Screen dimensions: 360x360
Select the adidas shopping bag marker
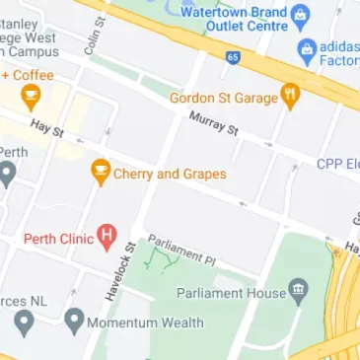coord(305,49)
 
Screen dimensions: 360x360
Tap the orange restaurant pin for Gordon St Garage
coord(290,96)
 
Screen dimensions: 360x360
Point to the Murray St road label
coord(214,123)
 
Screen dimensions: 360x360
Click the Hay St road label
coord(46,128)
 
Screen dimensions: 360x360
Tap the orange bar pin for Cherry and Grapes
coord(100,172)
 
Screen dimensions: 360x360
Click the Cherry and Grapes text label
coord(170,175)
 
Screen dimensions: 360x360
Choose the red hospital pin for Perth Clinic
coord(108,238)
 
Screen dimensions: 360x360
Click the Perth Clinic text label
coord(58,238)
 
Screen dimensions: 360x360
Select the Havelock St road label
coord(121,272)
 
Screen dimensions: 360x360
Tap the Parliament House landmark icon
coord(298,292)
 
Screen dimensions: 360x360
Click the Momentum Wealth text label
coord(145,323)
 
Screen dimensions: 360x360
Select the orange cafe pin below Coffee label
coord(32,97)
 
